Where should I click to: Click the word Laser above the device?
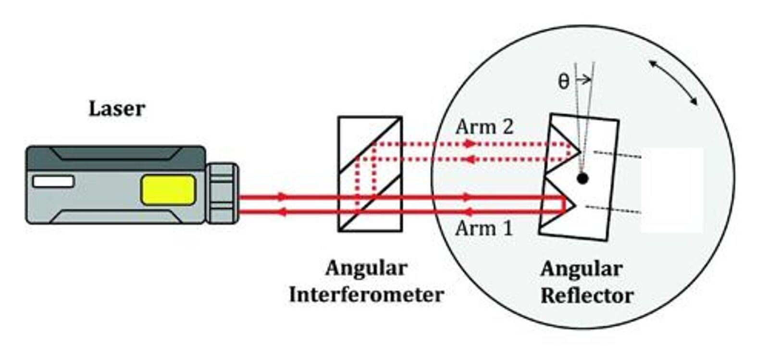click(117, 109)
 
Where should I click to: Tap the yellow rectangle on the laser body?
click(169, 190)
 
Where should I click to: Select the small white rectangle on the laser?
click(53, 182)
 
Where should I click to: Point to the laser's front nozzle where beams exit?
click(223, 193)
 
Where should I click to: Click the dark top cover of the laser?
click(116, 158)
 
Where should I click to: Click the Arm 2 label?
click(484, 127)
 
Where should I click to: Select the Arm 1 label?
click(484, 228)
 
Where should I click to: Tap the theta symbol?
click(564, 82)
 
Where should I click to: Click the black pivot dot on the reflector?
click(582, 178)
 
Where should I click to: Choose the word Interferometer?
click(367, 295)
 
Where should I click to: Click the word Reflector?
click(587, 296)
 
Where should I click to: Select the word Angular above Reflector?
click(582, 270)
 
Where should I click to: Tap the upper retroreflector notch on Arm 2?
click(565, 148)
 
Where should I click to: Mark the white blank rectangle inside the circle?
click(672, 190)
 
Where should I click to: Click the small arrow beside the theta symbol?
click(584, 80)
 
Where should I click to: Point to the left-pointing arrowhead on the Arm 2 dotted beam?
click(468, 160)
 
